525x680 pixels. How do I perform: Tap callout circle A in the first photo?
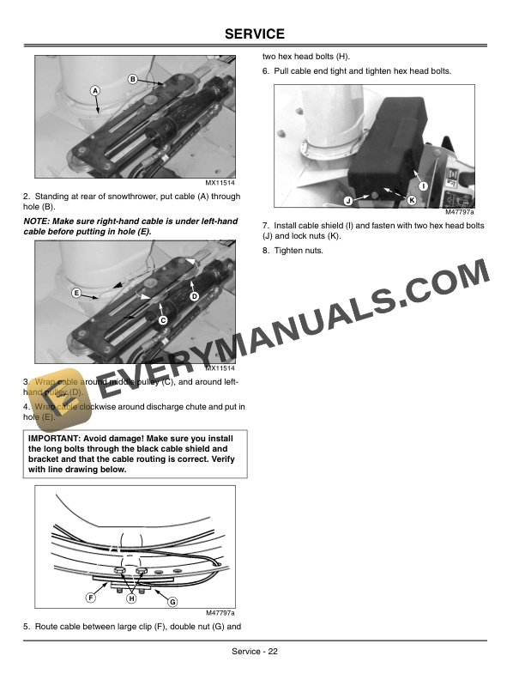(94, 91)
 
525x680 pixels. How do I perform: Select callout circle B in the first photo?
(133, 80)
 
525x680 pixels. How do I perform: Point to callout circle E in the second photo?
(76, 293)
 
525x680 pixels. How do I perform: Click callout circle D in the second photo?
(194, 295)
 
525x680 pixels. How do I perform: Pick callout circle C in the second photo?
(162, 319)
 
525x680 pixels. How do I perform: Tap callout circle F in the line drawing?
(90, 597)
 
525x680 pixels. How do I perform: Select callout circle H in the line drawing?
(131, 598)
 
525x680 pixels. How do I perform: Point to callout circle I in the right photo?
(423, 187)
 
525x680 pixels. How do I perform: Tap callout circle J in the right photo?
(348, 200)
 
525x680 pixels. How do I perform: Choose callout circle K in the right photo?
(412, 200)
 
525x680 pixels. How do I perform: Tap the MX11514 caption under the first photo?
(220, 182)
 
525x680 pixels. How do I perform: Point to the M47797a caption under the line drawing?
(220, 613)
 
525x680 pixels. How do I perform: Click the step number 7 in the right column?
(265, 226)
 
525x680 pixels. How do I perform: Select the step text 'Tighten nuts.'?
(299, 251)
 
